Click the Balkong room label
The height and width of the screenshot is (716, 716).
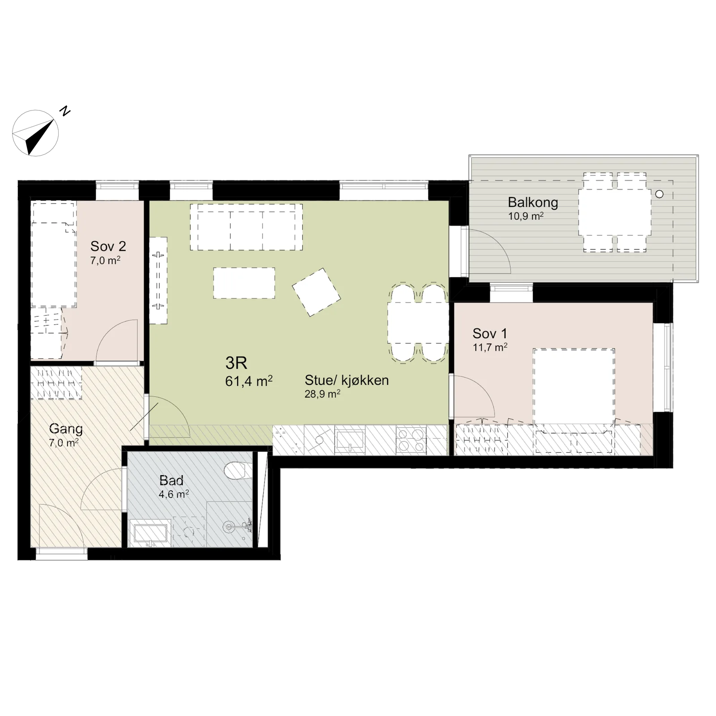point(533,203)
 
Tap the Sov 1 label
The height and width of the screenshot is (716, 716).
point(490,333)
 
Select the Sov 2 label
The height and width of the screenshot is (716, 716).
point(108,246)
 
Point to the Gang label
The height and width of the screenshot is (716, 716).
point(66,429)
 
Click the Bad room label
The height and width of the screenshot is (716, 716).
point(171,481)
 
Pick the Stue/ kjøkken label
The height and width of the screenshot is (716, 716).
point(347,380)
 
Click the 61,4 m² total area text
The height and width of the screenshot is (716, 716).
point(249,381)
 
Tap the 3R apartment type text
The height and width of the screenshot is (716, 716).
point(236,363)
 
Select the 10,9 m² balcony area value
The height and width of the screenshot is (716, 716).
point(526,217)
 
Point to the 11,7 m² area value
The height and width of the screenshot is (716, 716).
point(490,347)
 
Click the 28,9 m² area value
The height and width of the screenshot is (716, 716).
point(322,394)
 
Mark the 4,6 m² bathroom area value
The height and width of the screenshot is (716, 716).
point(174,494)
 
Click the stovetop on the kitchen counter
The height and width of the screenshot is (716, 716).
point(411,440)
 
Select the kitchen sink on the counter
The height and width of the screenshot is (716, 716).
point(350,440)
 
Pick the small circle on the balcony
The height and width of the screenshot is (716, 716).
point(659,194)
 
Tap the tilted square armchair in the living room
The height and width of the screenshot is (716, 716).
point(316,292)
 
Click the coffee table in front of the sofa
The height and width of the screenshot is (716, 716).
point(244,283)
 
